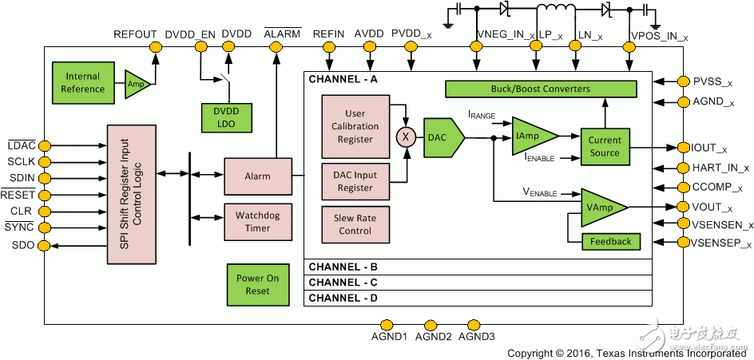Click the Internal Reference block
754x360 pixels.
[82, 82]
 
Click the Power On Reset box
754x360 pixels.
[257, 285]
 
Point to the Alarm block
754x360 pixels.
[257, 176]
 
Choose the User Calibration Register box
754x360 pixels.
[355, 127]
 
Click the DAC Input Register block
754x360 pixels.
[355, 181]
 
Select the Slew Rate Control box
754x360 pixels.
[355, 225]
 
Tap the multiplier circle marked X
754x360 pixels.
[407, 136]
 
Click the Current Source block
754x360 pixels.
[605, 146]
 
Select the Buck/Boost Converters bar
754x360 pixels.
[541, 89]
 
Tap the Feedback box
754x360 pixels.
[611, 241]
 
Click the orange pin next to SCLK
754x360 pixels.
[45, 161]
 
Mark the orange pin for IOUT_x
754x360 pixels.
[684, 148]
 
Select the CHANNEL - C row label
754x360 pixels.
[343, 283]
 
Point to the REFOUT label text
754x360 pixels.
[135, 34]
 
